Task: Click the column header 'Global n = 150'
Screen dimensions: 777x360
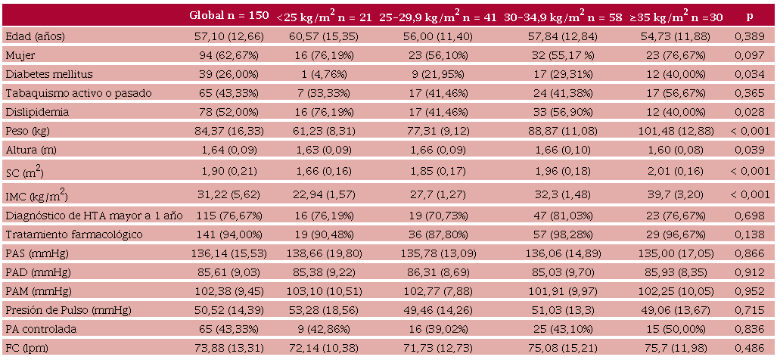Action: (x=229, y=15)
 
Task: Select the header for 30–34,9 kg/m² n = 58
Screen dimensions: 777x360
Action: (x=563, y=16)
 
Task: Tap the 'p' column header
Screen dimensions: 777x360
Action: (x=750, y=16)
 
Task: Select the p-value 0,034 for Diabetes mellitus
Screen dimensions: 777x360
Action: (x=750, y=74)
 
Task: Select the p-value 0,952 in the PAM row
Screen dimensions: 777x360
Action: (x=750, y=292)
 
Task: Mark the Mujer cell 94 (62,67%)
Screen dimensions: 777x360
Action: (x=229, y=55)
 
